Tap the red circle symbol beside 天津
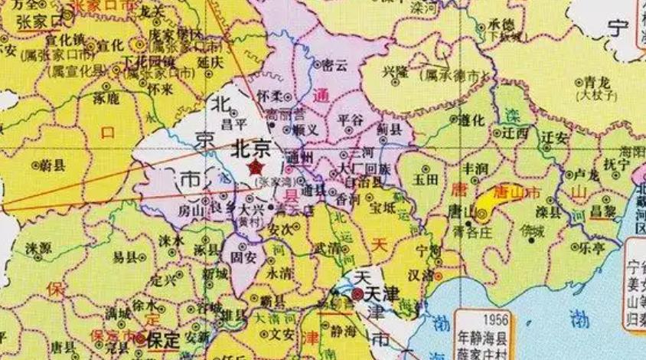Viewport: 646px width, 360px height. click(357, 293)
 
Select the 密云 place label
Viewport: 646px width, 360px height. click(334, 64)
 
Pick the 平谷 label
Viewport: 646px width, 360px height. click(351, 120)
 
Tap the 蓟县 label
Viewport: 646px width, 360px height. click(391, 131)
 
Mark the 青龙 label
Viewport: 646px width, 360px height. click(594, 81)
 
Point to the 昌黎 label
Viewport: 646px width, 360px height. click(605, 209)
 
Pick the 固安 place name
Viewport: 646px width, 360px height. click(243, 257)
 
